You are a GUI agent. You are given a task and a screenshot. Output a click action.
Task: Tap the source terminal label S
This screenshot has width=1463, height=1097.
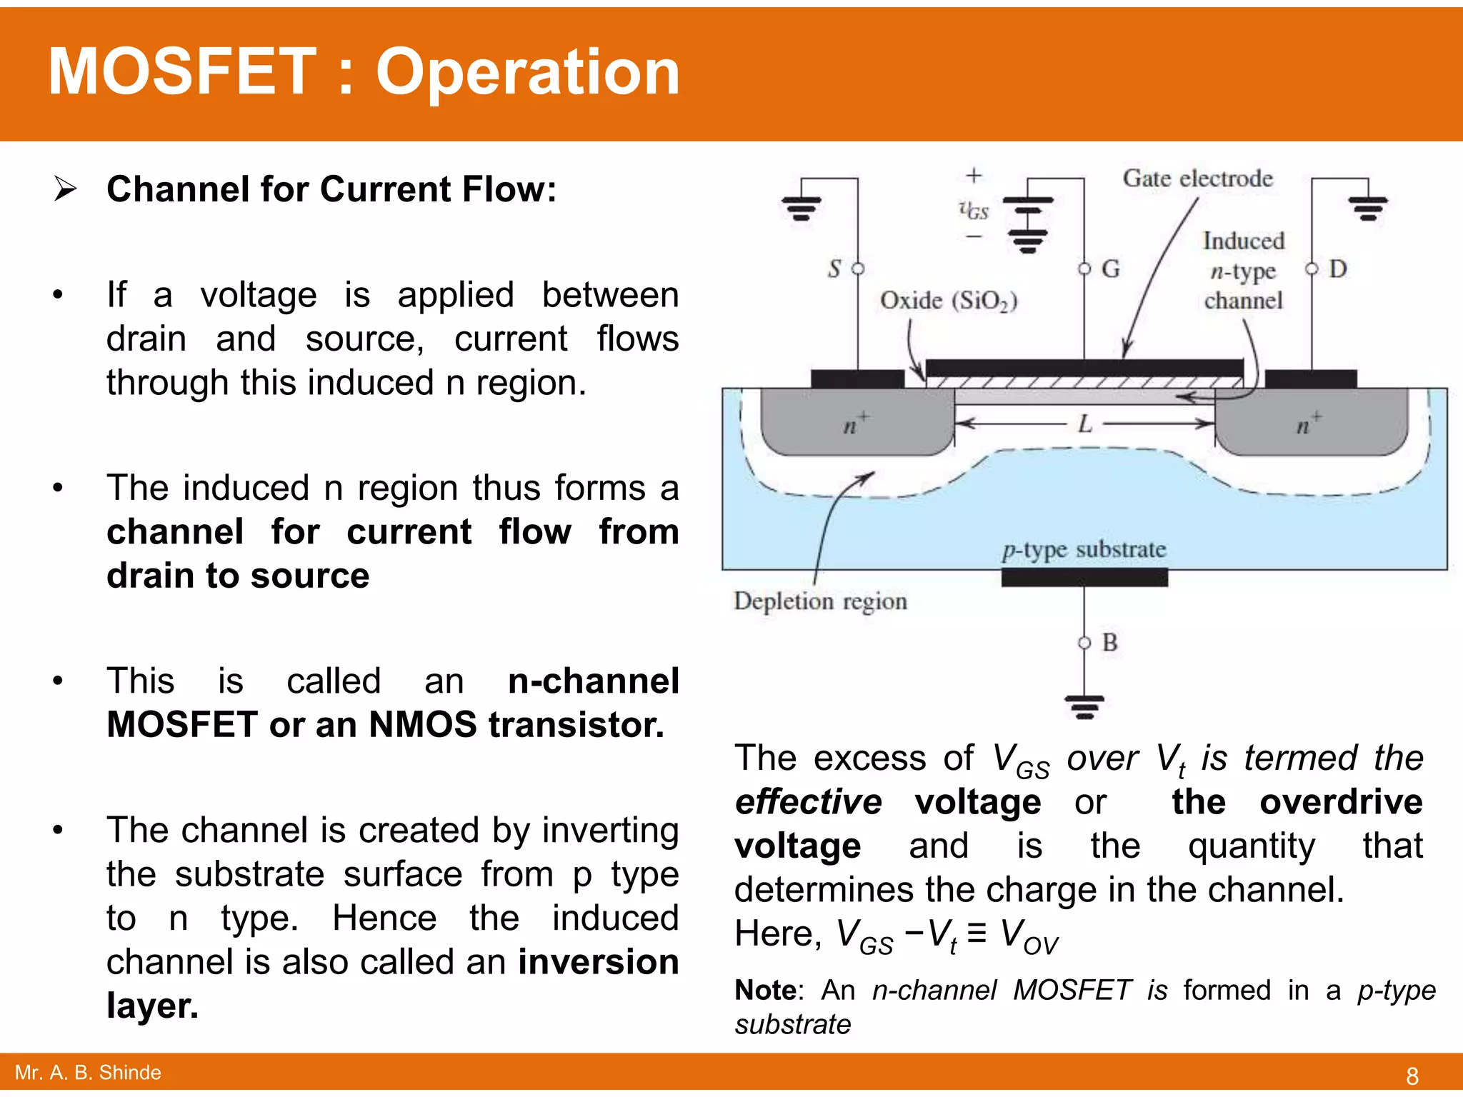click(834, 269)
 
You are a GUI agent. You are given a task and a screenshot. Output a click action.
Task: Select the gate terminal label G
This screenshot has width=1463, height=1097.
click(1110, 269)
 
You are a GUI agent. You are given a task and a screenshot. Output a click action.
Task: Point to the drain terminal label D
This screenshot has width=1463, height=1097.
click(1337, 269)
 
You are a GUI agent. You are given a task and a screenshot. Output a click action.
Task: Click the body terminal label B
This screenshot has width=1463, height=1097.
click(1109, 642)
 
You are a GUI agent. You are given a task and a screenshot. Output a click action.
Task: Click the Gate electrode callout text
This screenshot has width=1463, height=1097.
click(1197, 179)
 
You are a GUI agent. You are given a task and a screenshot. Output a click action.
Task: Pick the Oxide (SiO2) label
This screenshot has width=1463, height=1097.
click(948, 301)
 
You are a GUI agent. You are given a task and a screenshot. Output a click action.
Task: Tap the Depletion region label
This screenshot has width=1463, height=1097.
click(820, 601)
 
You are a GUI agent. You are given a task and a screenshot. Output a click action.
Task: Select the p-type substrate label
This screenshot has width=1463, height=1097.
click(1084, 550)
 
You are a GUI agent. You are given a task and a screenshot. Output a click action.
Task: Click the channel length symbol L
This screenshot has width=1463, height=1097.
click(1085, 424)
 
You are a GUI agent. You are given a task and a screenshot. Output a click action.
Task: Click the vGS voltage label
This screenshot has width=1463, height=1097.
click(974, 210)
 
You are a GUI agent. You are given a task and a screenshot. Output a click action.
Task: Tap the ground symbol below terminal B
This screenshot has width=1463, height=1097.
click(1084, 706)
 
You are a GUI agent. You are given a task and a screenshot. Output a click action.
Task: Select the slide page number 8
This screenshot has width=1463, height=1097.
click(1412, 1075)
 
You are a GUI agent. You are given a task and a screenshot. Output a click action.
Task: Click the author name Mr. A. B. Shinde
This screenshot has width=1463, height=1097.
click(88, 1073)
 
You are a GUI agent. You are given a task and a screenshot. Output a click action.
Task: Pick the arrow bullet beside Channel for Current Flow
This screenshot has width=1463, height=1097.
click(65, 189)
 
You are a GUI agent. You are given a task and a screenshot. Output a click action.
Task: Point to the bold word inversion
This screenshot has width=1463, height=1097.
click(598, 962)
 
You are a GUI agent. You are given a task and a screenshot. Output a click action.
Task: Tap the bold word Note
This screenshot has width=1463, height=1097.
click(766, 991)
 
